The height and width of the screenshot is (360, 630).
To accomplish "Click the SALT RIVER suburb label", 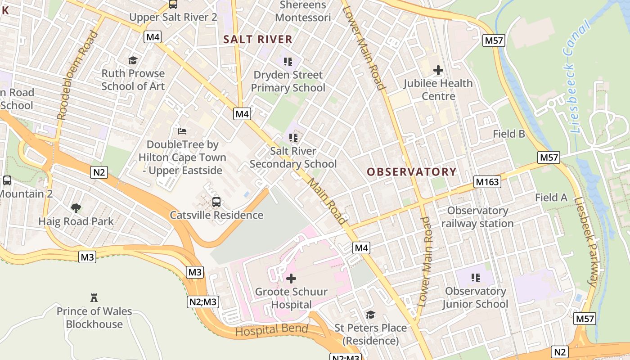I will coord(258,39).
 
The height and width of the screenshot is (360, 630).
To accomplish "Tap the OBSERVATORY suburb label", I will coord(411,171).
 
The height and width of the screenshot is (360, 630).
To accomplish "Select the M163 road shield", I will coord(487,182).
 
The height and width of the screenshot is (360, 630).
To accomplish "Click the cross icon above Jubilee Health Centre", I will coord(438,70).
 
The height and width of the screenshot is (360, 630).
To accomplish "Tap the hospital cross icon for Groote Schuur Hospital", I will coord(291,279).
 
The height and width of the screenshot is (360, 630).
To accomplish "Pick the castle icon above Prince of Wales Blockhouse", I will coord(94,298).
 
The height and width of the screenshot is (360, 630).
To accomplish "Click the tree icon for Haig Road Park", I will coord(76,208).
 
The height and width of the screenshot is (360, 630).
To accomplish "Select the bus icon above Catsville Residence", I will coord(216,202).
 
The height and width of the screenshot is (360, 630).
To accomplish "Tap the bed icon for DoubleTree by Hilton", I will coord(182,131).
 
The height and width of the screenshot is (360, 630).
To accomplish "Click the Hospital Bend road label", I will coord(272,330).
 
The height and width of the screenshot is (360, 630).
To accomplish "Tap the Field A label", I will coord(551,197).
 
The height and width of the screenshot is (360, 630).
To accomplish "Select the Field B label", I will coord(509,134).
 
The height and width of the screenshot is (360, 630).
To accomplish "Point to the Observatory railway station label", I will coord(477,217).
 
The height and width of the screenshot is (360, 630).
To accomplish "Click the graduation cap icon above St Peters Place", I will coord(370,315).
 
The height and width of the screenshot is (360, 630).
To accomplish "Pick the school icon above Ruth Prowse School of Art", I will coord(133,60).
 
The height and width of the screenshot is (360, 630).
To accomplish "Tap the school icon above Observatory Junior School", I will coord(475,278).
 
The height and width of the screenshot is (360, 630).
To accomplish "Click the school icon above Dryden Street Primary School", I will coord(288,61).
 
